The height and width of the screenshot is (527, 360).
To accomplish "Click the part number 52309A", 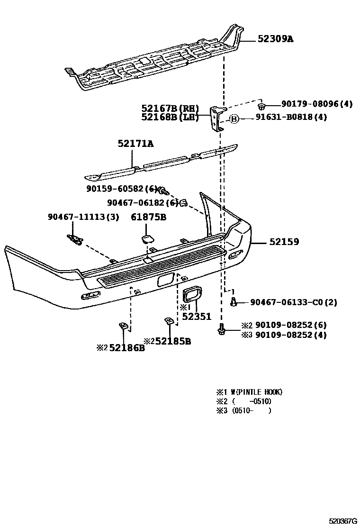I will click(275, 39).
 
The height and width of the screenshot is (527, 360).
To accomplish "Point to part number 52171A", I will click(136, 143).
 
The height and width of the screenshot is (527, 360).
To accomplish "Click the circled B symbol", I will click(234, 119).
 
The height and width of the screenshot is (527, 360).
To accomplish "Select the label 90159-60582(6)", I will click(122, 189).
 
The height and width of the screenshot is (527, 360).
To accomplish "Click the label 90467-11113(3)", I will click(83, 217).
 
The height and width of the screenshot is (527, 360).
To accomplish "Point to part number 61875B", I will click(149, 217).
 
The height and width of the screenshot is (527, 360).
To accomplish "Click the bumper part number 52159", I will click(284, 242).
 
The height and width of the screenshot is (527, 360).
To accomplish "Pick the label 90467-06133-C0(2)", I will click(293, 302).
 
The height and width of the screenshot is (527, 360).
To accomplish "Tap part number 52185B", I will click(172, 341).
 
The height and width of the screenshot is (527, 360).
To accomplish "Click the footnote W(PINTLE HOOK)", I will click(256, 392).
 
